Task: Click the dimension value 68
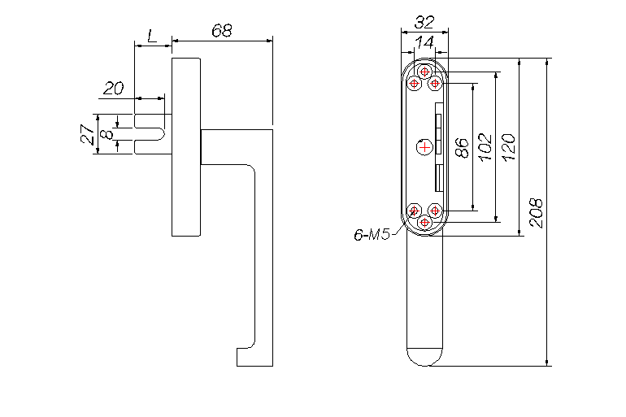222,30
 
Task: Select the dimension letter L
152,36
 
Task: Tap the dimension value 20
114,88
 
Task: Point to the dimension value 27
89,133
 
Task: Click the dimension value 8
107,134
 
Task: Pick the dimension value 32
424,22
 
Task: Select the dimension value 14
424,42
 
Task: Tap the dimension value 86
462,148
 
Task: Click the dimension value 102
485,147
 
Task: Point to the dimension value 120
508,147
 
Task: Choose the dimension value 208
537,213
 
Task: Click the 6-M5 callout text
372,235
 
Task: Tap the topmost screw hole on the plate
424,72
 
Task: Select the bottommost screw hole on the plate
424,222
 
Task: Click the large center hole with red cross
424,147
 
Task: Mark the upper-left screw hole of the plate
415,84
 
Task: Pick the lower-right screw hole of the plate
435,210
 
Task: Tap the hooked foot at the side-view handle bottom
246,357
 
